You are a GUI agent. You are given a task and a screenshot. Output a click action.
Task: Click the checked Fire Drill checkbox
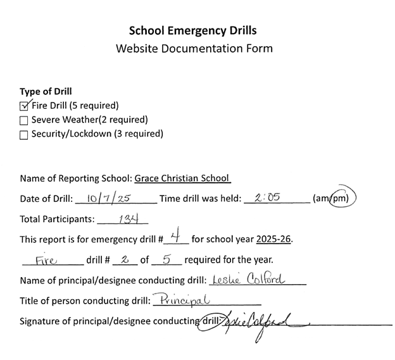25,106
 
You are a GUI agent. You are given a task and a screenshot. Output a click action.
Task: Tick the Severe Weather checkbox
24,120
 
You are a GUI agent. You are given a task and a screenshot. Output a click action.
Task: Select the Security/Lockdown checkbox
24,134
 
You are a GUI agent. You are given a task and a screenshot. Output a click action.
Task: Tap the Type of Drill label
46,91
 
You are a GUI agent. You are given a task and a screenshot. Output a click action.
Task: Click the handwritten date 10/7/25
109,198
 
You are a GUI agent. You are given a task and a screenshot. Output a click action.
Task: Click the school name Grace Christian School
182,178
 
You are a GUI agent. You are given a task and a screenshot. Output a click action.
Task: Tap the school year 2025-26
274,239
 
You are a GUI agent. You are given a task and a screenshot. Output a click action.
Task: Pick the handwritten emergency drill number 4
179,238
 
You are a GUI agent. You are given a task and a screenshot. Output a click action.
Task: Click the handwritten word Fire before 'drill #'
47,259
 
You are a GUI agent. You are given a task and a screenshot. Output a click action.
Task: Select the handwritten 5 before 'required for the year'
168,259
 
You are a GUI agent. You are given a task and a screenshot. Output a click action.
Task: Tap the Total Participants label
57,220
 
